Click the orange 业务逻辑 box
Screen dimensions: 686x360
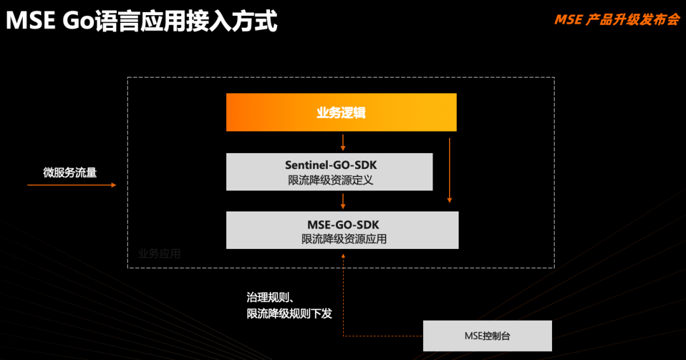341,112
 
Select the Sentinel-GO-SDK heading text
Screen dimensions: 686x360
331,165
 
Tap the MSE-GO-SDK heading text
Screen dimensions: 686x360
343,225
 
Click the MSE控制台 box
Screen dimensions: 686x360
487,336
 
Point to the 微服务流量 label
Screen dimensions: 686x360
70,172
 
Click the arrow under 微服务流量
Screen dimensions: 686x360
72,185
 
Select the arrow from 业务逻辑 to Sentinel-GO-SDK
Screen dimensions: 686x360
343,143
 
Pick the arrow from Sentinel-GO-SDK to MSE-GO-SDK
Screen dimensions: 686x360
343,201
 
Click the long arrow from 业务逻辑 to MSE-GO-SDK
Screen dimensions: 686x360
449,171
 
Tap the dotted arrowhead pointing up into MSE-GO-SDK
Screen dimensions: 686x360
343,257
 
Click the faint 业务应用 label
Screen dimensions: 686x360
159,254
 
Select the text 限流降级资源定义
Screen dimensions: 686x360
331,180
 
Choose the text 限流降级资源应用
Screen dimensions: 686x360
344,239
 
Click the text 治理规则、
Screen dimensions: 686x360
270,298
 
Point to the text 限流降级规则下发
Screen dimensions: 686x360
289,314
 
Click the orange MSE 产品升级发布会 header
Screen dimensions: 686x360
617,20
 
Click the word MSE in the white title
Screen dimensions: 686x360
30,20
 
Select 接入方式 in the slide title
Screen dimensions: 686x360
232,21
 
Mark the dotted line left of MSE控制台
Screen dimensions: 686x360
383,336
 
